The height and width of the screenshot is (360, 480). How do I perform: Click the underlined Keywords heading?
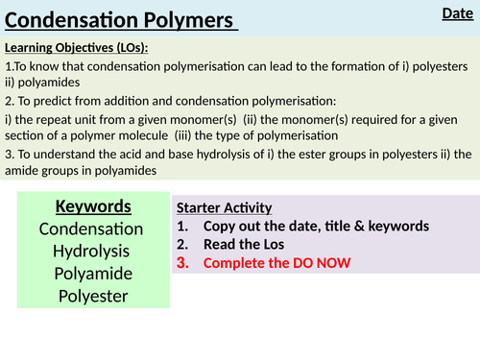[91, 206]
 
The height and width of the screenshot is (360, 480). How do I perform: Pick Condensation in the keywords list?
[91, 228]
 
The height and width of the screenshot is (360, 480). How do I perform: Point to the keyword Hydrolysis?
[91, 251]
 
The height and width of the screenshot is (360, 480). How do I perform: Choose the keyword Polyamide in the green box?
[91, 273]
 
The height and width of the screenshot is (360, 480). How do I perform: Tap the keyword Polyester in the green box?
[91, 295]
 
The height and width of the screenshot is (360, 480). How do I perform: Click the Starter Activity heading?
[225, 207]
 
